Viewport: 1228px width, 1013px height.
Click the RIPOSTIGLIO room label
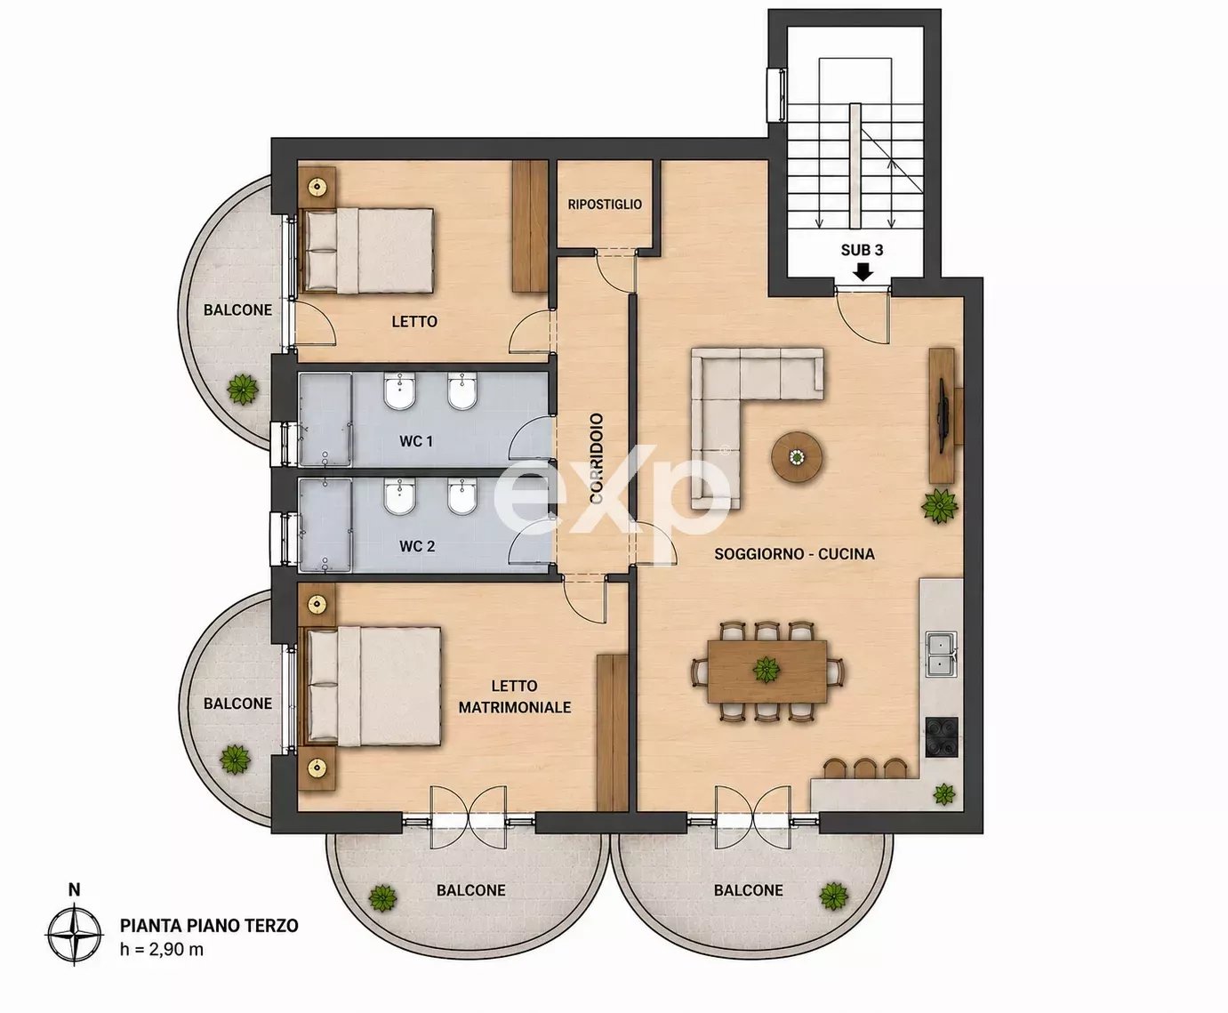[x=605, y=205]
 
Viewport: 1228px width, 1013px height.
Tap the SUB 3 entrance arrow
[x=863, y=272]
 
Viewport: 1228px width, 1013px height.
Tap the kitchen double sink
[x=943, y=654]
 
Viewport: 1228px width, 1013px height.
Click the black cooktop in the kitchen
[x=942, y=736]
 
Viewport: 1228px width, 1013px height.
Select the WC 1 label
[x=416, y=440]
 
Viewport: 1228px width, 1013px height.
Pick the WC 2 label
[x=417, y=546]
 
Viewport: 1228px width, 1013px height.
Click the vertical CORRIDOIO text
[x=597, y=458]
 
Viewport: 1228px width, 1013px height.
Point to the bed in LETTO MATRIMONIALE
[x=371, y=687]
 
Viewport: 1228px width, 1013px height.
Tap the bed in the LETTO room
[x=367, y=250]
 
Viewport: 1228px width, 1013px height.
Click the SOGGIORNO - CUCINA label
[x=795, y=553]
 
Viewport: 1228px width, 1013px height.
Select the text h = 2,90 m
[x=162, y=950]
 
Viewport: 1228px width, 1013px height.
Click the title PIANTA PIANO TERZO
[x=209, y=925]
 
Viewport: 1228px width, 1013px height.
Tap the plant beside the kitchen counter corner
[x=944, y=795]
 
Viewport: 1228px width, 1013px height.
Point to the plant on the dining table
[x=766, y=670]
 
